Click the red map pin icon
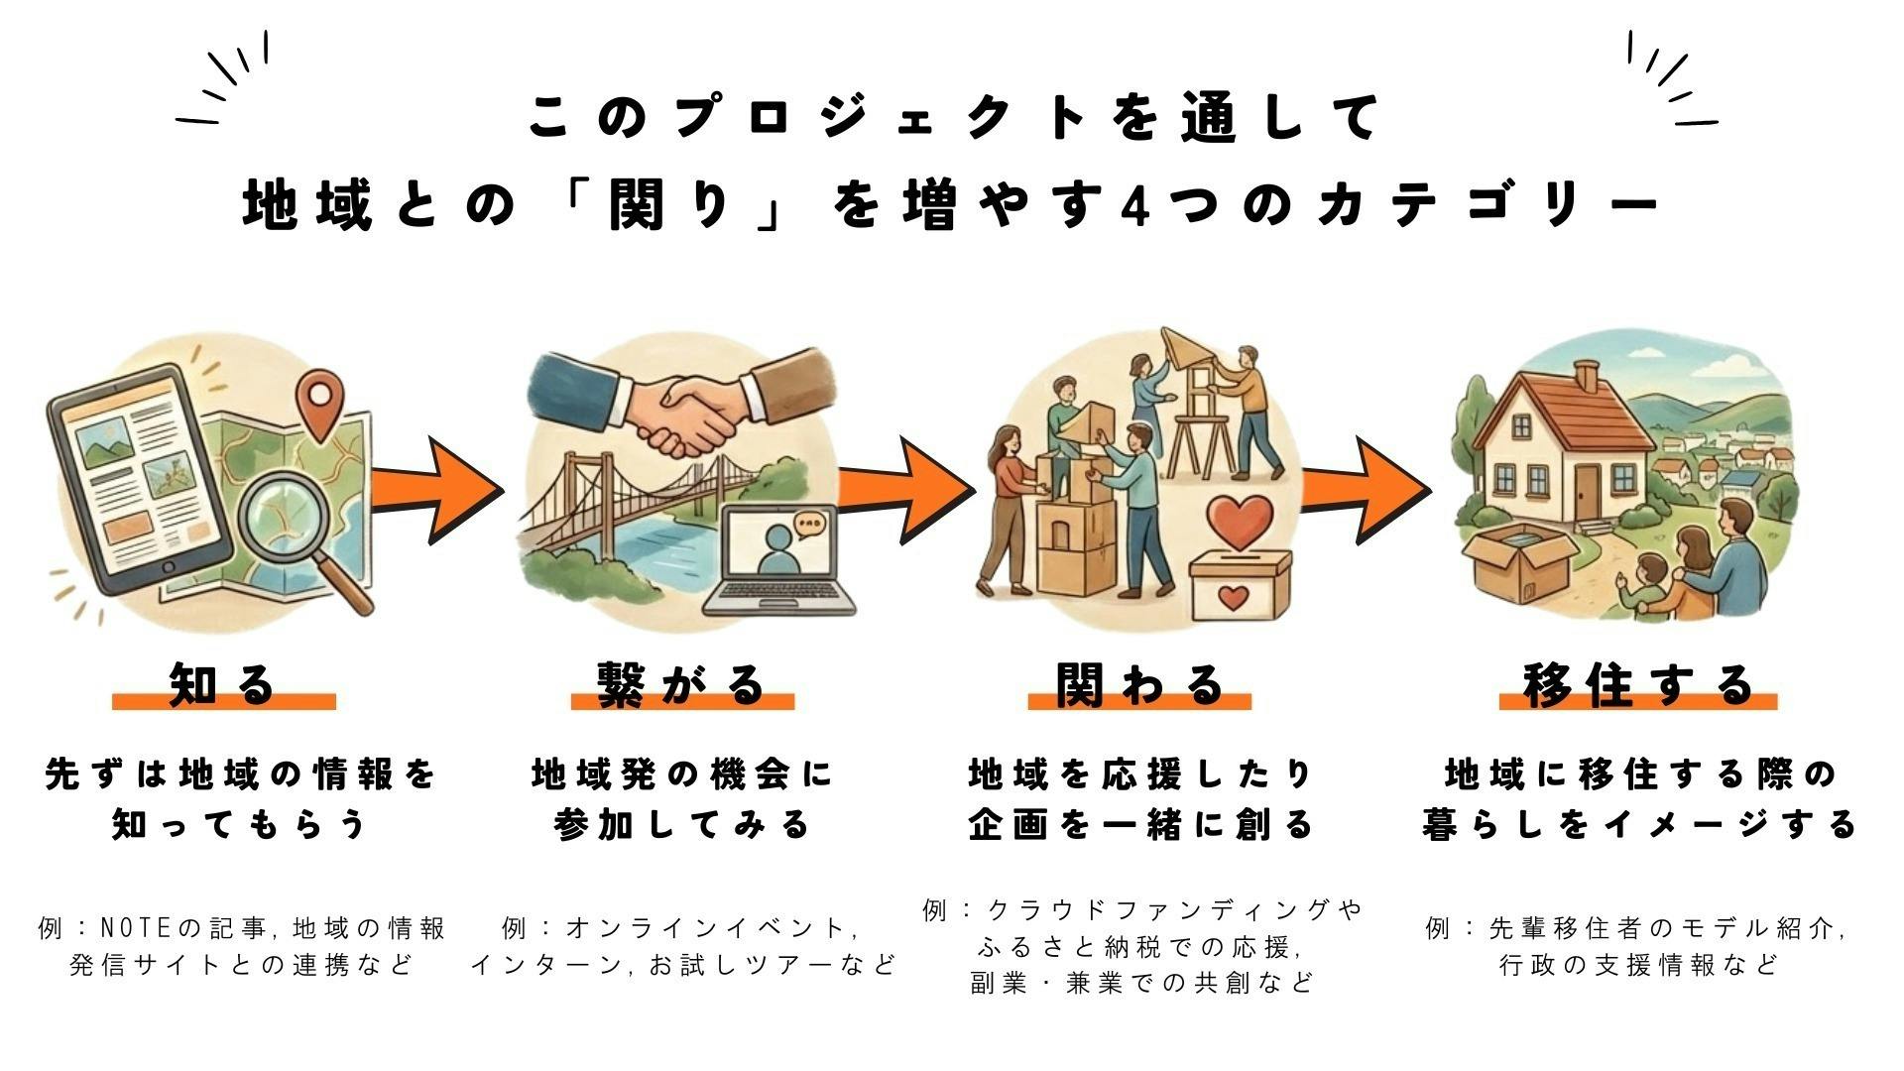319,402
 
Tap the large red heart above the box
1239,522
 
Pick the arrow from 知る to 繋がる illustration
436,489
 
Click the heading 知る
223,684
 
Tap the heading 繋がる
682,684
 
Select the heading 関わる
1139,684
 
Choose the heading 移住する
1637,684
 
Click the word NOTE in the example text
138,929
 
